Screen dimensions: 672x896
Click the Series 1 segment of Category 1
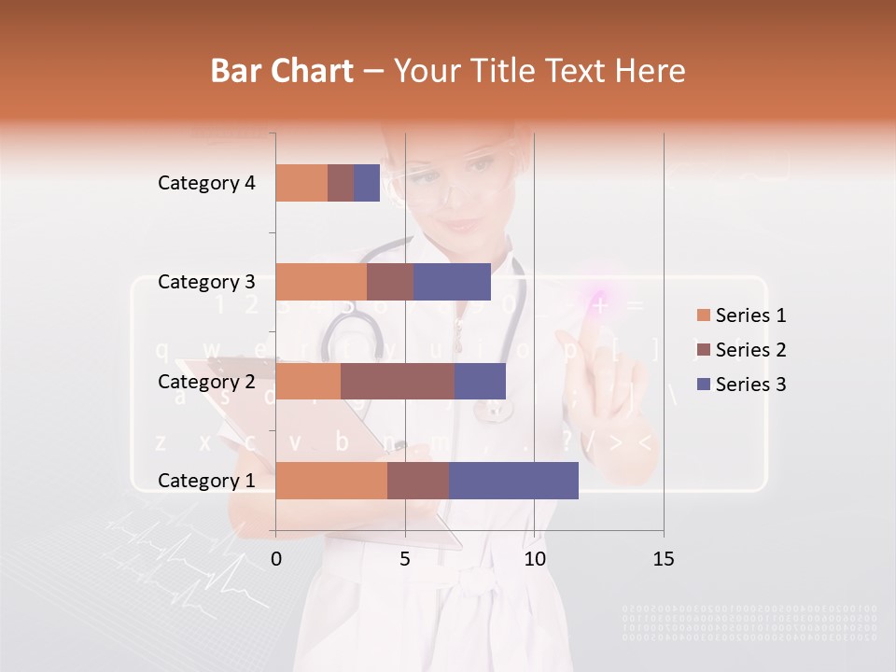pos(331,481)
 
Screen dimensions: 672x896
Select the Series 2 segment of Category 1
pos(418,481)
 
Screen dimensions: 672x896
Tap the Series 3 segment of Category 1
pos(513,481)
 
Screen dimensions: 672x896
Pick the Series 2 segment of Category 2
pos(398,381)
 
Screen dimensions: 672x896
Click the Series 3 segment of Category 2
pos(480,381)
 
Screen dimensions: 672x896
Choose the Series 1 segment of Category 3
pos(321,282)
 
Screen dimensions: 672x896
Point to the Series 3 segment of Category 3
pos(452,282)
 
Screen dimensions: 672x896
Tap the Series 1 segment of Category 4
pos(301,183)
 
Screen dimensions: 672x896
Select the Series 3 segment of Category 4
pos(367,183)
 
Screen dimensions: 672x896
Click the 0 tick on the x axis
pos(276,559)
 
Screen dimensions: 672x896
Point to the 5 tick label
pos(405,559)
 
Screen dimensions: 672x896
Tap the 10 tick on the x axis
pos(534,559)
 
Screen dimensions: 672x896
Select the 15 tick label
pos(663,559)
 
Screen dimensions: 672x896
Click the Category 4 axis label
pos(206,183)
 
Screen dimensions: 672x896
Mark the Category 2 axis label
pos(206,381)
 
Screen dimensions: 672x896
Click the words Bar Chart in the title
pos(282,70)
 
